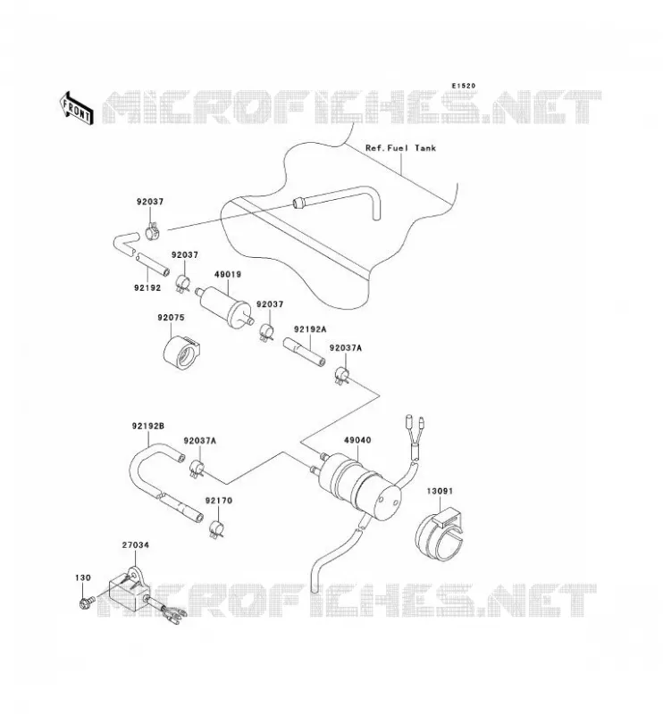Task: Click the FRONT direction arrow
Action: pos(76,109)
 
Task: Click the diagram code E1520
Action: pos(463,86)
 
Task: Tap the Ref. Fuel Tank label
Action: pos(400,148)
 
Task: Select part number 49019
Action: pos(228,275)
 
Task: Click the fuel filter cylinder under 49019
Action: pos(224,305)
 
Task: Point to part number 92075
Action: pos(171,318)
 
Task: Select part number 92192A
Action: pos(310,328)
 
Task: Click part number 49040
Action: pos(357,440)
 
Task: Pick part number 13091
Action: pos(440,492)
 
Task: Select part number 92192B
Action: pos(148,427)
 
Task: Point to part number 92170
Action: pos(218,501)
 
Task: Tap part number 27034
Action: pos(136,545)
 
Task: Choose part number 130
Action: pos(83,577)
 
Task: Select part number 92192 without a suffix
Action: pos(147,287)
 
